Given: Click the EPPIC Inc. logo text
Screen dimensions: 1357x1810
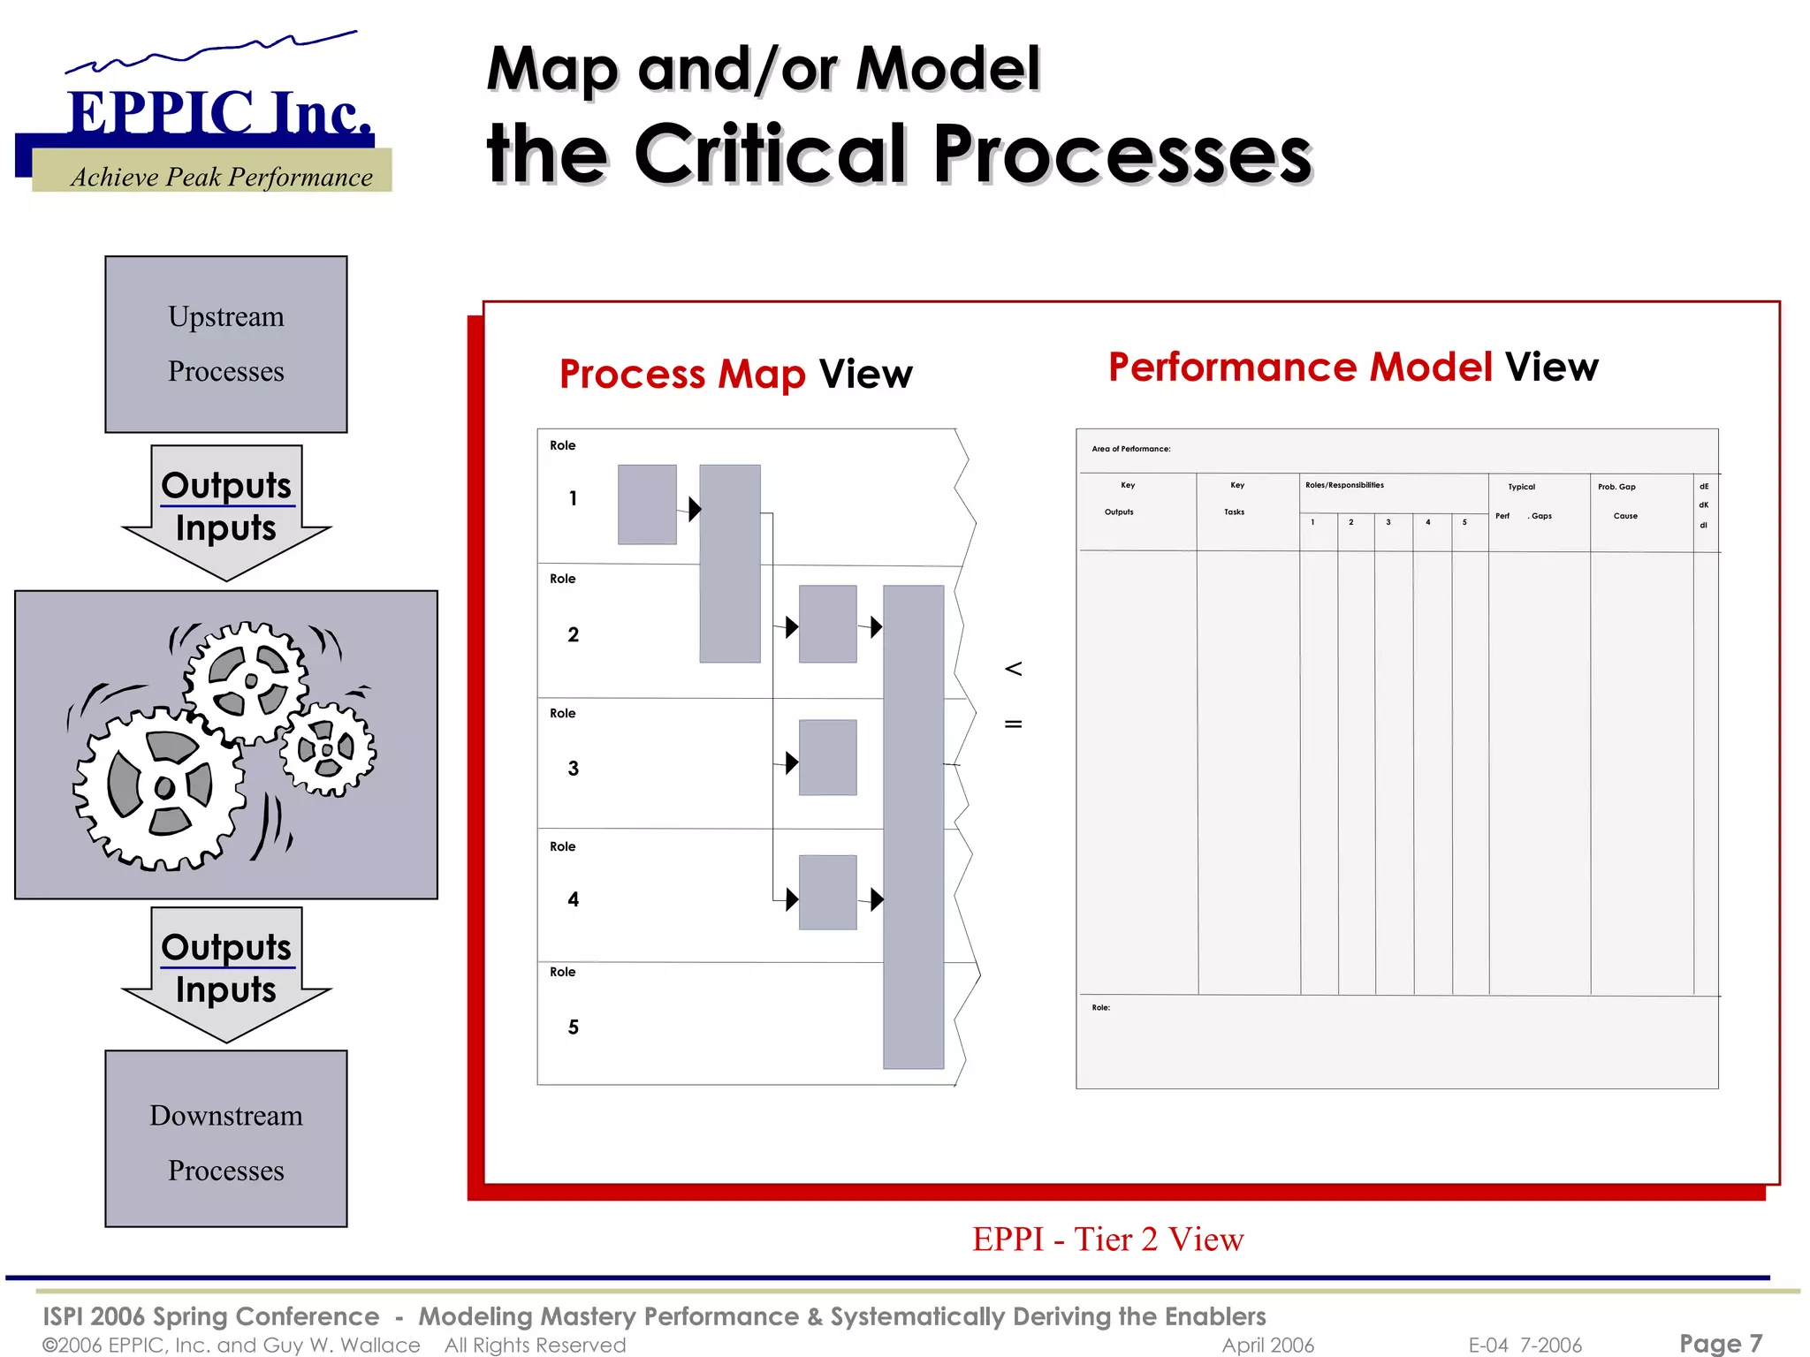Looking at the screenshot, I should tap(219, 113).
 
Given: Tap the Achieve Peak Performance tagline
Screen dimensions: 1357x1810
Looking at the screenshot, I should tap(221, 177).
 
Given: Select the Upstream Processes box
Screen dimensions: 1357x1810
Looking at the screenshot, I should tap(225, 344).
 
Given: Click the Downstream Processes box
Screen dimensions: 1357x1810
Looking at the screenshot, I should tap(225, 1139).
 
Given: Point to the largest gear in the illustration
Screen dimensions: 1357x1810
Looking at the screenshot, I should tap(159, 786).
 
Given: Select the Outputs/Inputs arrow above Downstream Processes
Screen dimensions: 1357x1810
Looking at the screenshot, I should tap(226, 972).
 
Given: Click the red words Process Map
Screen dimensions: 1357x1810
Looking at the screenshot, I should tap(682, 374).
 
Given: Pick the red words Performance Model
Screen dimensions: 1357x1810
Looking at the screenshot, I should tap(1300, 367).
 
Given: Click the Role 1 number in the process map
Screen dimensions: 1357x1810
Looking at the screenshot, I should tap(573, 498).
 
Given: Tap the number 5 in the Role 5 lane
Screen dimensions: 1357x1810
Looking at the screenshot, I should tap(573, 1027).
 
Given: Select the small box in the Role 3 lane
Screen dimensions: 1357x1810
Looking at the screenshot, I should tap(827, 757).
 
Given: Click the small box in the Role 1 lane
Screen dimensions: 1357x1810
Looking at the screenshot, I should tap(647, 504).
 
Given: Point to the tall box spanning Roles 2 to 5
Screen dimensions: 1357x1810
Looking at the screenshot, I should tap(913, 826).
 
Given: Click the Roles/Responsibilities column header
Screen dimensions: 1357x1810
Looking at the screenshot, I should tap(1344, 485).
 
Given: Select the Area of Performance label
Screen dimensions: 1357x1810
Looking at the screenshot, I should tap(1130, 449).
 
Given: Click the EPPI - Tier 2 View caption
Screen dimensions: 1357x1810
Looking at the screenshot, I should tap(1107, 1239).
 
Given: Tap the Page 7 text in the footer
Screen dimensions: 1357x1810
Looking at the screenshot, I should tap(1720, 1343).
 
